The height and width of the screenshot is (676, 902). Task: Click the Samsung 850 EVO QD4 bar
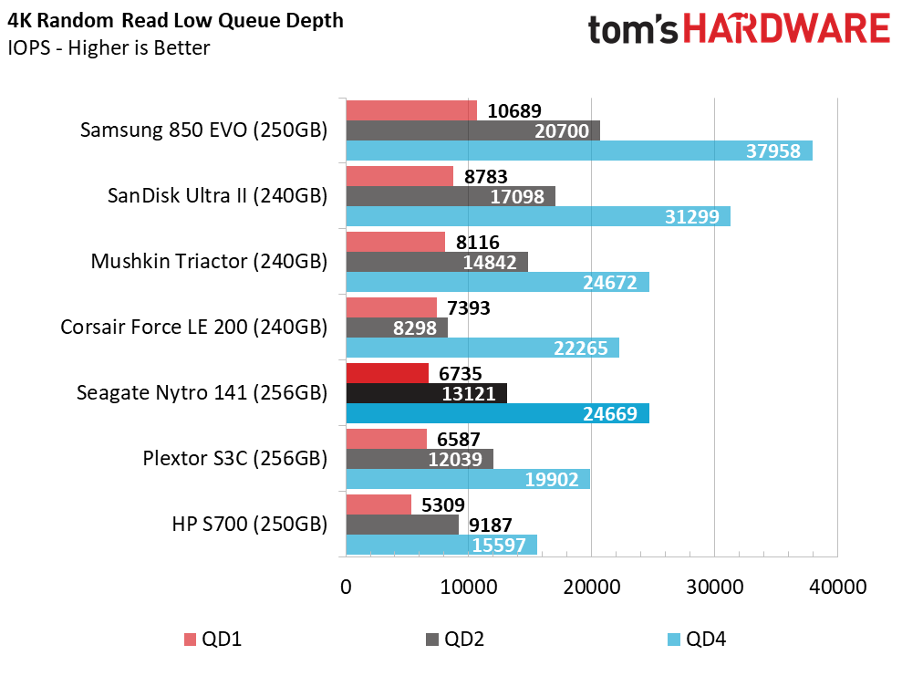click(x=578, y=151)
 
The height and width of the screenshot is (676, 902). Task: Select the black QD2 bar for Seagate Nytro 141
click(x=426, y=393)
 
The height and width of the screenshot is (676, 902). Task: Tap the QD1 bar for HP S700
click(x=378, y=504)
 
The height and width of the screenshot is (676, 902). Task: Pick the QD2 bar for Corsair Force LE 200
click(x=396, y=328)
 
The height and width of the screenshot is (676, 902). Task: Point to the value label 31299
click(x=694, y=217)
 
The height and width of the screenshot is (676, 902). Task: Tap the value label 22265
click(x=583, y=348)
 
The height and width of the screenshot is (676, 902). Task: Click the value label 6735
click(x=461, y=373)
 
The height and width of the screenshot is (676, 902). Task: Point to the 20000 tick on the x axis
click(x=591, y=588)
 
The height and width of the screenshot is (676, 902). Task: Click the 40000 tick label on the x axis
click(x=837, y=588)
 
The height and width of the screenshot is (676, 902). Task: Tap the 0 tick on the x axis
click(x=346, y=588)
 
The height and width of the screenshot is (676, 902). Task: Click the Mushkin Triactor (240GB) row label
click(x=209, y=261)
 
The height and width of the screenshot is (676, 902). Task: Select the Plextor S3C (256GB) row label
click(x=234, y=458)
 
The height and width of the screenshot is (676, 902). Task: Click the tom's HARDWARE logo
click(x=738, y=29)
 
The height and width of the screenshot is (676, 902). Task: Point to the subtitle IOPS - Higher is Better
click(x=109, y=48)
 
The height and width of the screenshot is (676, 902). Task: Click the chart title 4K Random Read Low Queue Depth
click(x=176, y=20)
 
